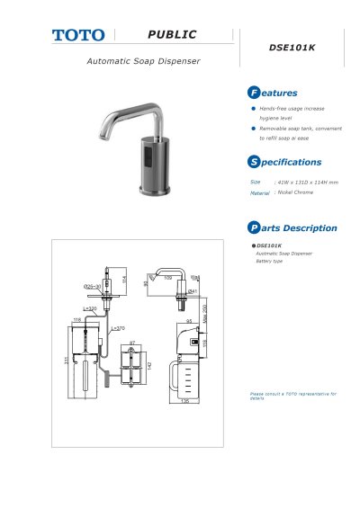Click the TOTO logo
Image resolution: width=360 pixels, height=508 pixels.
tap(77, 35)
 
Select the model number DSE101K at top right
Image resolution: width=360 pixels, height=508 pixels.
tap(293, 48)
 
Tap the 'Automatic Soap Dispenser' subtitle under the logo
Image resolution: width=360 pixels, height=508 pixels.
tap(143, 61)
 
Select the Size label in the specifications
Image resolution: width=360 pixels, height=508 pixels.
tap(256, 182)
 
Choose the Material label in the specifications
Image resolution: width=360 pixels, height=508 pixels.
tap(259, 193)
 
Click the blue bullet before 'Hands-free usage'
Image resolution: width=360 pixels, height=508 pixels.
tap(253, 108)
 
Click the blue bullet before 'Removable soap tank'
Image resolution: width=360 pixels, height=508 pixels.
tap(253, 129)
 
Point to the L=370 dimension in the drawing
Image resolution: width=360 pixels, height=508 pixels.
tap(118, 328)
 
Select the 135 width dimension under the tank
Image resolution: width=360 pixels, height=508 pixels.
tap(185, 402)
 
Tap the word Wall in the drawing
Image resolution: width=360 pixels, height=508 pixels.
tap(195, 278)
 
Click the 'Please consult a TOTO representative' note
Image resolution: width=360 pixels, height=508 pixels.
tap(288, 396)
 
